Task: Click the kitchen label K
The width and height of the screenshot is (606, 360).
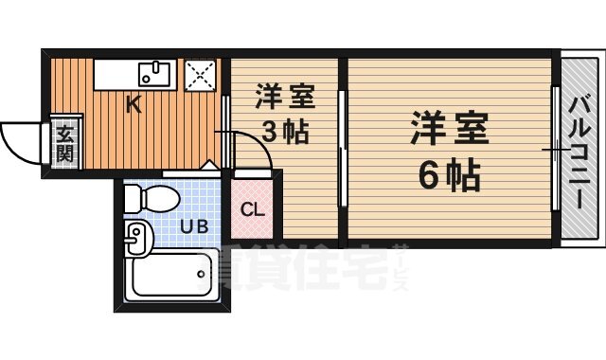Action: click(x=134, y=104)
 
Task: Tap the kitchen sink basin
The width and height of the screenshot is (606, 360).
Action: click(x=154, y=72)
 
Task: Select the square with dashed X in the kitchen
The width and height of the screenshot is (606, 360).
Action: click(x=201, y=73)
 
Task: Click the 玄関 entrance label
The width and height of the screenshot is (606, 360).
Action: click(x=63, y=144)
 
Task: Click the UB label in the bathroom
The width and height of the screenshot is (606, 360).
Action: click(x=195, y=226)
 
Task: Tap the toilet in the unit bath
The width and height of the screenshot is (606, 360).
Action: click(x=151, y=198)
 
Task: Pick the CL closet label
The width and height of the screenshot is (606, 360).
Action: click(x=252, y=210)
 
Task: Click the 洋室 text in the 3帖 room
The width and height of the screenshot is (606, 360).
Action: click(x=283, y=97)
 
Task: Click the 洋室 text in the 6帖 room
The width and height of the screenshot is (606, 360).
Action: click(x=449, y=129)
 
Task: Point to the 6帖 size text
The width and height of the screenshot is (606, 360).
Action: click(x=449, y=175)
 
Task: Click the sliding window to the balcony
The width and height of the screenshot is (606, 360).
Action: click(x=555, y=150)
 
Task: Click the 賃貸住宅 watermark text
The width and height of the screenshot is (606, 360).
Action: click(x=303, y=269)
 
